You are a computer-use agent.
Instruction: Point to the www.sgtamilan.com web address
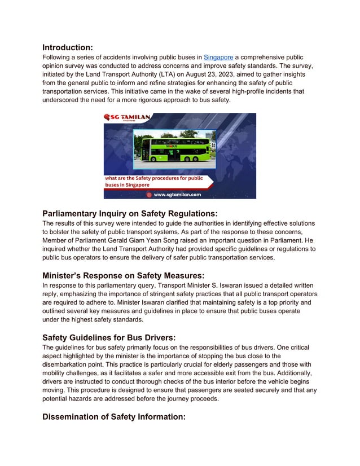(x=177, y=194)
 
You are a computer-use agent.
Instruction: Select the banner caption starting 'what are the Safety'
(x=155, y=181)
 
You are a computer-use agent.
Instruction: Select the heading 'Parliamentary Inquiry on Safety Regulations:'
(x=130, y=213)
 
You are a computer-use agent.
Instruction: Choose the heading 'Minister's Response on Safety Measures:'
(x=123, y=275)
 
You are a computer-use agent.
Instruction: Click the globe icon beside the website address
(x=149, y=194)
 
